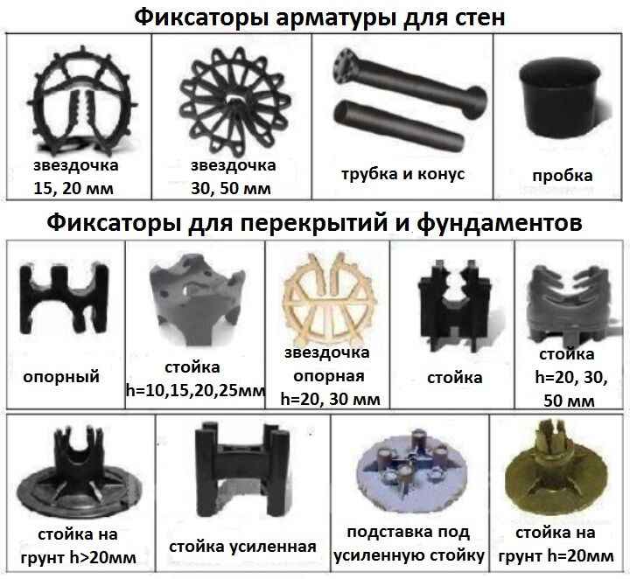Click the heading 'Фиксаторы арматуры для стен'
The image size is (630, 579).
315,17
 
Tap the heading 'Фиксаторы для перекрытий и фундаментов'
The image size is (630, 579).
315,223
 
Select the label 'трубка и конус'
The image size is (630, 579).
402,173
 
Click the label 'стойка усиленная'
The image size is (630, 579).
243,548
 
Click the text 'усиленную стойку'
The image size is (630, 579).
409,555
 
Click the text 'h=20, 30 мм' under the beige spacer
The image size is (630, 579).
330,398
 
